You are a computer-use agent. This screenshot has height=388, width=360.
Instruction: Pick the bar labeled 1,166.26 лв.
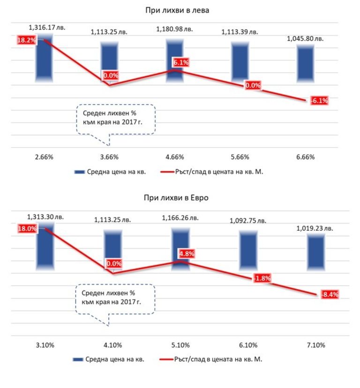coord(180,249)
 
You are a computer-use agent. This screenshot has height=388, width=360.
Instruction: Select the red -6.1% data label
coord(319,100)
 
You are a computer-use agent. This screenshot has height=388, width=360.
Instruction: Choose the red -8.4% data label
coord(329,295)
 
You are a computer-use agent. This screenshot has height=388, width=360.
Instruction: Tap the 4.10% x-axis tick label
coord(112,346)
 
